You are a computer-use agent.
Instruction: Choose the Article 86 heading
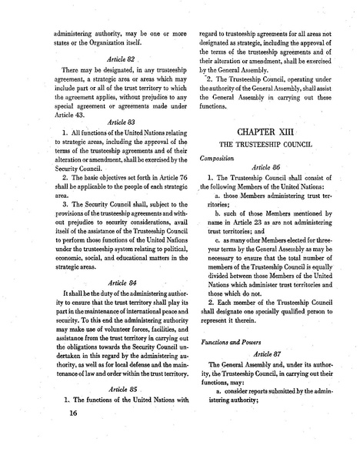(264, 166)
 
